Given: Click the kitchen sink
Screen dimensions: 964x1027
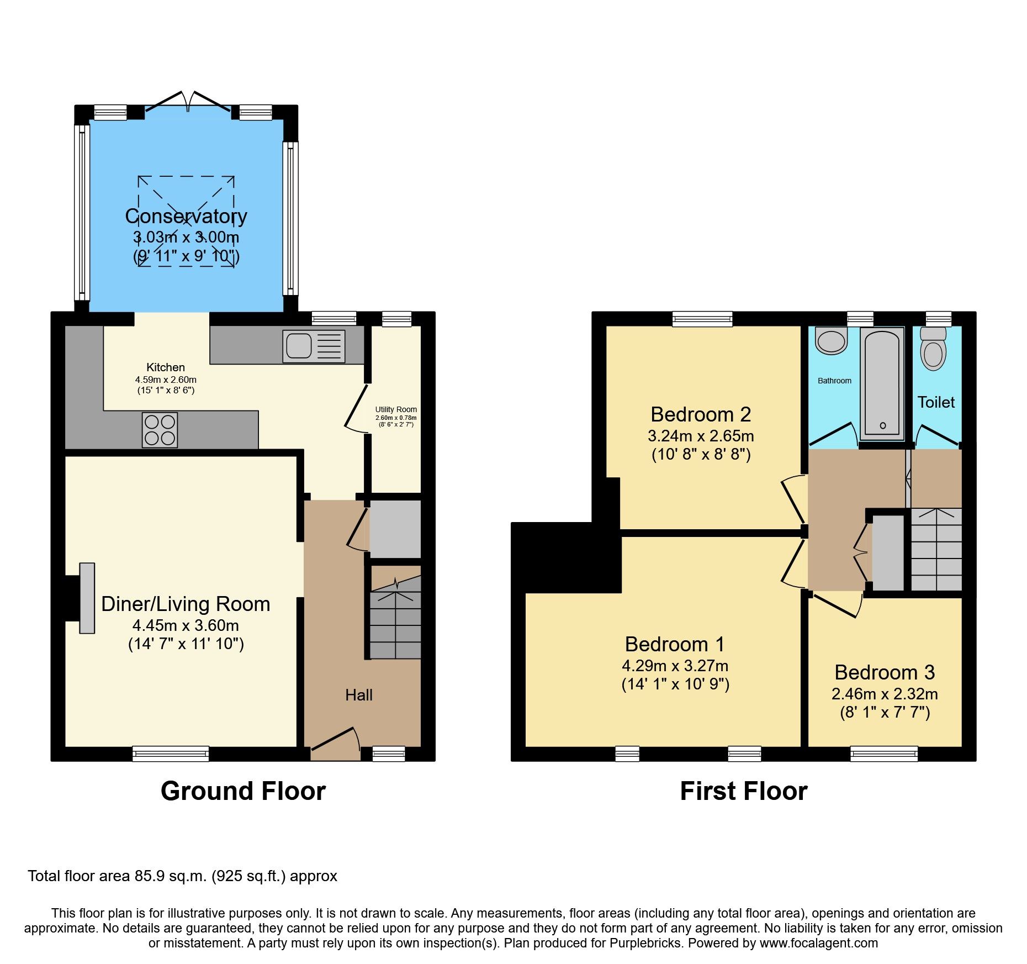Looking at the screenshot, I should pyautogui.click(x=313, y=346).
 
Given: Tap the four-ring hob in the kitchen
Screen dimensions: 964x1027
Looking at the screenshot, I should pyautogui.click(x=160, y=430).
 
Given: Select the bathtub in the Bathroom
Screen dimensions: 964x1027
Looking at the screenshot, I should pyautogui.click(x=882, y=382).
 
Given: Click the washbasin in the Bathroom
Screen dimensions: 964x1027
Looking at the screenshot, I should pyautogui.click(x=831, y=341).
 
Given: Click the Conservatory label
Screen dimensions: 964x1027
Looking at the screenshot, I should pyautogui.click(x=186, y=216).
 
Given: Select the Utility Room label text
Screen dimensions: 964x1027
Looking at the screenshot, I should pyautogui.click(x=396, y=410).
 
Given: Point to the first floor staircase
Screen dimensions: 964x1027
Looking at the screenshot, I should pyautogui.click(x=936, y=550).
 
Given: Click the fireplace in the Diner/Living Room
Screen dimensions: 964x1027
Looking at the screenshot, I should pyautogui.click(x=87, y=598).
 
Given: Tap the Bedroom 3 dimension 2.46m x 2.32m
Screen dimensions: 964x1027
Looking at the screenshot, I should pyautogui.click(x=885, y=694).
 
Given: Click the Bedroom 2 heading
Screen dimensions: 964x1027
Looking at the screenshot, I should pyautogui.click(x=701, y=414).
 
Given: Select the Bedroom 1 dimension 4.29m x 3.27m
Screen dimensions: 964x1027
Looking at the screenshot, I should pyautogui.click(x=675, y=666).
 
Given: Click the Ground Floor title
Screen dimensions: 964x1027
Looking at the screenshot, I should pyautogui.click(x=243, y=791).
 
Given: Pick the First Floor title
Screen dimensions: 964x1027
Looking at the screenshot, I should pyautogui.click(x=743, y=791).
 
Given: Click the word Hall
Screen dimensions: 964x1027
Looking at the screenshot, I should pyautogui.click(x=359, y=695).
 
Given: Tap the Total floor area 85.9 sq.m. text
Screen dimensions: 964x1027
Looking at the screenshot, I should pyautogui.click(x=182, y=876).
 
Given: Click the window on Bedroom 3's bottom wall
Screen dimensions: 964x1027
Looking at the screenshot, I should pyautogui.click(x=884, y=754).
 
